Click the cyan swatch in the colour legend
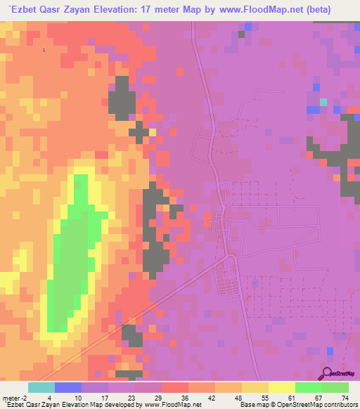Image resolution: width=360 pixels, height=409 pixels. pyautogui.click(x=41, y=387)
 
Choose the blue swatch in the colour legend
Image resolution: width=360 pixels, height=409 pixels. pyautogui.click(x=68, y=387)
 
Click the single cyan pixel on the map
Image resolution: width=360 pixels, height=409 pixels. pyautogui.click(x=323, y=102)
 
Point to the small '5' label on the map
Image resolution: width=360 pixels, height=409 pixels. pyautogui.click(x=44, y=51)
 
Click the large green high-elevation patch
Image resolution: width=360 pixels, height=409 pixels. pyautogui.click(x=74, y=246)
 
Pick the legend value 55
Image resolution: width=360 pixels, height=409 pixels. pyautogui.click(x=257, y=398)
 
